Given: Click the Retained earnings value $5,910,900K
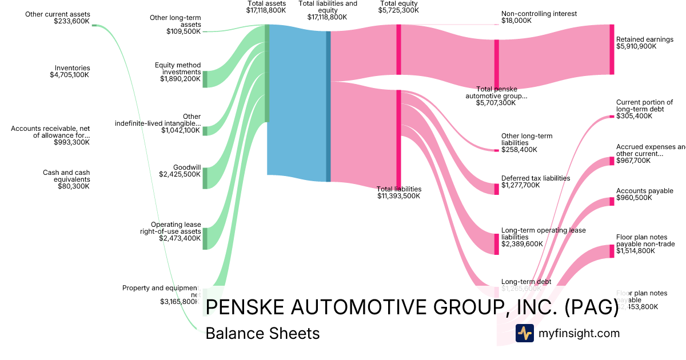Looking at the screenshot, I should (x=636, y=46).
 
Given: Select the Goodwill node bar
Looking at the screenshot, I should (x=205, y=178).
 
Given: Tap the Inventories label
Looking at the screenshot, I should (x=73, y=68).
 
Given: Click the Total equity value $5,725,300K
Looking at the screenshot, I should (x=398, y=10).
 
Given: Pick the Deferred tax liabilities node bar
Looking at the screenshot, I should (x=496, y=189).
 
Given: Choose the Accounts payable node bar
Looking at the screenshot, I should (x=612, y=202).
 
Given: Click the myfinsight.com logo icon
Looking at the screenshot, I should (x=524, y=333).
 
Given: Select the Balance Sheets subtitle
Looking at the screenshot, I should (x=262, y=334).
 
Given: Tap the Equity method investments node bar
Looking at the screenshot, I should (x=205, y=79).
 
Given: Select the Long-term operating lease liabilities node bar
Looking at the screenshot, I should (x=496, y=244).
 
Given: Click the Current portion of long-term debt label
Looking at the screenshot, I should (x=644, y=106).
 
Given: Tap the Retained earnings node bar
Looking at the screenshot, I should (x=612, y=49).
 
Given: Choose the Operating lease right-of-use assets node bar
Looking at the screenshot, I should (x=205, y=238).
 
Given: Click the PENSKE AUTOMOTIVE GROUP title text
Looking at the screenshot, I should (x=412, y=307).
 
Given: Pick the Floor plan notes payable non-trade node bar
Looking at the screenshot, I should (x=612, y=251).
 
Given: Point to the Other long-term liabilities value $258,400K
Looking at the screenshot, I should (x=519, y=150).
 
